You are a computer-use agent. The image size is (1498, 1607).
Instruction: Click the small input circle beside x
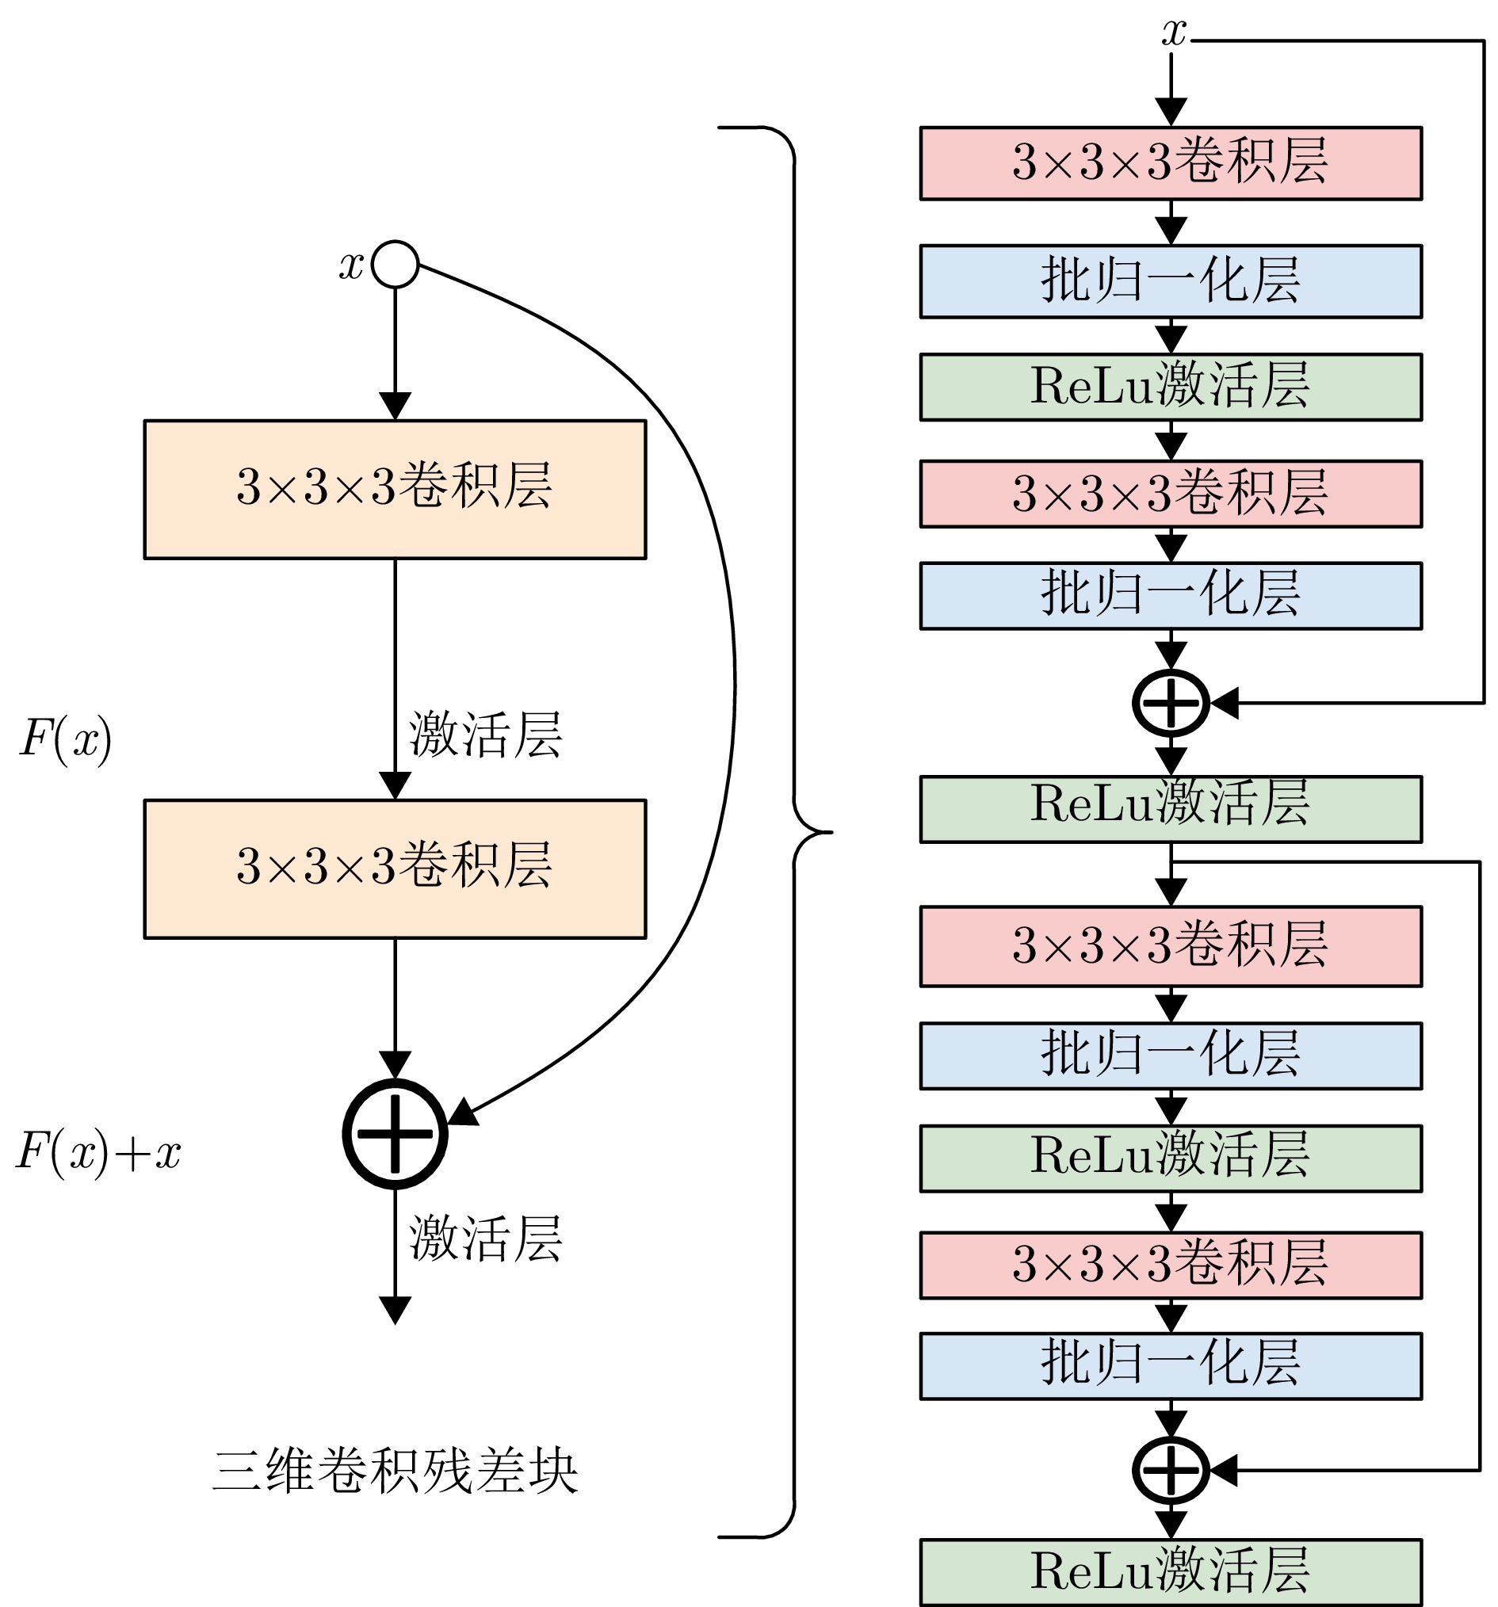395,264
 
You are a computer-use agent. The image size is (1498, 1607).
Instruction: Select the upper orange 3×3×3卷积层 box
395,489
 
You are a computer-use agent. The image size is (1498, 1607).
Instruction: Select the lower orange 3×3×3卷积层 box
395,869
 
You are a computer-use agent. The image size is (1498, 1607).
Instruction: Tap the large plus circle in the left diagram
395,1133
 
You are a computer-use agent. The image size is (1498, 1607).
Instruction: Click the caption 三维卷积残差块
395,1471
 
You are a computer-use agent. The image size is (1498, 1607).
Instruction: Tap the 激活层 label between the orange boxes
485,735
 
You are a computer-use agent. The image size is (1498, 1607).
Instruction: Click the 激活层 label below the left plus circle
485,1239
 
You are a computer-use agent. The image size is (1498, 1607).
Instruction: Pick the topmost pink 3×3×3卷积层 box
1171,162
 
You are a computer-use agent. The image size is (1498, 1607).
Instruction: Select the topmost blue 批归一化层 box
1171,281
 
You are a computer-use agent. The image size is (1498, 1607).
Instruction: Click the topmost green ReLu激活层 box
1171,387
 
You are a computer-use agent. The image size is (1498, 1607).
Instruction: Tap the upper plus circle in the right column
1171,702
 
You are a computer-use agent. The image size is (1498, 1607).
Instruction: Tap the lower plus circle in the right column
1171,1471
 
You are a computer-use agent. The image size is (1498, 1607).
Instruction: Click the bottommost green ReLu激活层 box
1171,1571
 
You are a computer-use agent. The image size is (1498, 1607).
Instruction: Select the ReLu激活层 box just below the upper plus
1171,808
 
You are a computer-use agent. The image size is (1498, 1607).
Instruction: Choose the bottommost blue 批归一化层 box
1171,1366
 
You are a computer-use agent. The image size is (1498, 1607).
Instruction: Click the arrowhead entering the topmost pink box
1171,112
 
